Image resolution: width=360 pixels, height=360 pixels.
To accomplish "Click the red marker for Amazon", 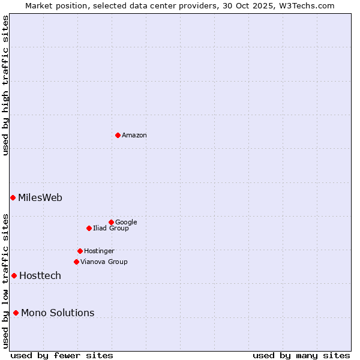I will pos(118,135).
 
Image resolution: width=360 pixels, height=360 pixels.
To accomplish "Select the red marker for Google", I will pos(111,222).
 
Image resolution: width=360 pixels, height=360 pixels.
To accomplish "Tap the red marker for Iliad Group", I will pos(89,228).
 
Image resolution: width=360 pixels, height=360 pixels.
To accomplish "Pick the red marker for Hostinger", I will pos(80,251).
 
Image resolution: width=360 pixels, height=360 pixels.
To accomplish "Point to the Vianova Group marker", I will pos(76,262).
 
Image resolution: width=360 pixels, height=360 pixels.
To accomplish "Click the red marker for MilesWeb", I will pos(13,197).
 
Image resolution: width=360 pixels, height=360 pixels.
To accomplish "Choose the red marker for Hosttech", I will pos(14,275).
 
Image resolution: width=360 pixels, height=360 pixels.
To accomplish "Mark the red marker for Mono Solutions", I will pos(16,313).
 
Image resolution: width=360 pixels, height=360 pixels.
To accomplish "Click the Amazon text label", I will pos(134,135).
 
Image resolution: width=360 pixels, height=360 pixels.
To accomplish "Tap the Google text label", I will pos(126,222).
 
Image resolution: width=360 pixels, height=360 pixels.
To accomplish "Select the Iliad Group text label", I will pos(111,228).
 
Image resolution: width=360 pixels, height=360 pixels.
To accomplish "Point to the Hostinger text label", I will pos(99,251).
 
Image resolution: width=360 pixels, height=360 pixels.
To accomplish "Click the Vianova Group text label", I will pos(104,262).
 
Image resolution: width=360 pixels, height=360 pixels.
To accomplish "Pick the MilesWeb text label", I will pos(40,197).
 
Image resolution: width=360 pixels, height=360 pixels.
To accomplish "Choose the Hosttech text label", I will pos(40,275).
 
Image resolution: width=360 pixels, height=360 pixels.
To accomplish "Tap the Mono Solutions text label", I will pos(58,313).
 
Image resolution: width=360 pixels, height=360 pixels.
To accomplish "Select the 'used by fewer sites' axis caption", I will pos(62,355).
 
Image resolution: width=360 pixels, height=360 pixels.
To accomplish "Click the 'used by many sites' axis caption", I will pos(301,355).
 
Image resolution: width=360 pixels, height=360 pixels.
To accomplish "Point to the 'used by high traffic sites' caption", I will pos(5,85).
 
